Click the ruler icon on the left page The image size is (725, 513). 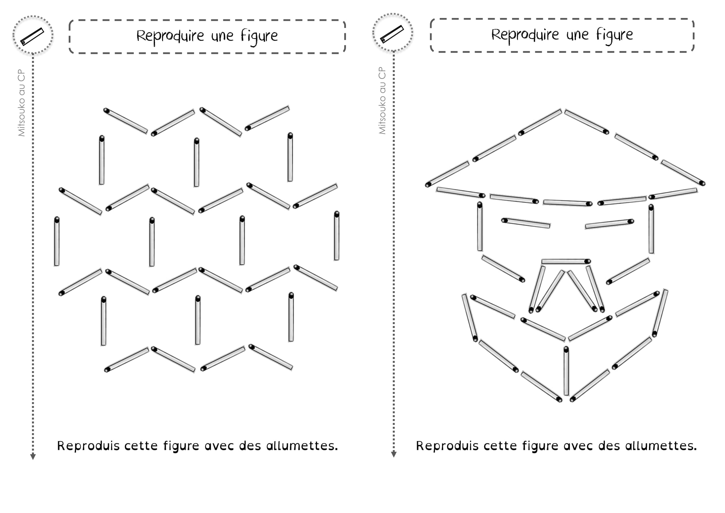(32, 36)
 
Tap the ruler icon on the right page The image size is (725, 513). (392, 34)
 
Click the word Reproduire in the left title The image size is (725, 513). (170, 36)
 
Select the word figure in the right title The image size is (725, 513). (614, 35)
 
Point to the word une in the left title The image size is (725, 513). (223, 37)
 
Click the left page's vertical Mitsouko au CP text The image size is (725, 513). (21, 103)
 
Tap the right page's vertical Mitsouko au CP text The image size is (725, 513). (382, 100)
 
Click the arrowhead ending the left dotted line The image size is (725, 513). (33, 457)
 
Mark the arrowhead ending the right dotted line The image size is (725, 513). (394, 455)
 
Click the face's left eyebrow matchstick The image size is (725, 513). (526, 223)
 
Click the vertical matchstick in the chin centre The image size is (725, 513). (566, 371)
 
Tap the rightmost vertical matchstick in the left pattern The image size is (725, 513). (337, 236)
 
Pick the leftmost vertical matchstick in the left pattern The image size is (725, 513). (57, 241)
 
